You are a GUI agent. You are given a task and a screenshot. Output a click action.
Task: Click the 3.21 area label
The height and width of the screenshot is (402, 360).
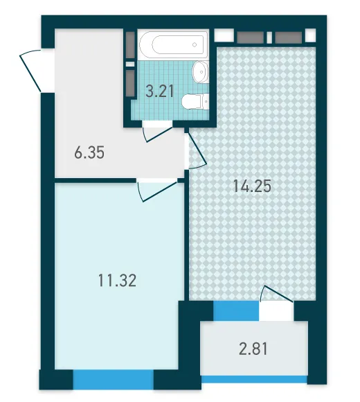pos(160,91)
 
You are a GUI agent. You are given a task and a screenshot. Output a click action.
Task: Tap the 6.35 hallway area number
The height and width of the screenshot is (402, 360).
pos(89,152)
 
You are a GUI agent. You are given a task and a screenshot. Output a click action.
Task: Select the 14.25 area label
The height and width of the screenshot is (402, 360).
pos(252,186)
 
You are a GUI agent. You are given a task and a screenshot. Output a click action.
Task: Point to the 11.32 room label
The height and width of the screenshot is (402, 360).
pos(117,280)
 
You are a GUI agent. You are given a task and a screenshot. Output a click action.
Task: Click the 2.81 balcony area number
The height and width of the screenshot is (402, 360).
pos(253,349)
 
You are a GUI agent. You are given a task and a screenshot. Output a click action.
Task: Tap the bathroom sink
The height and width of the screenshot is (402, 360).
pos(201,72)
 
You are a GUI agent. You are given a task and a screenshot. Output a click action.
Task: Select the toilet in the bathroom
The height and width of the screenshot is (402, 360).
pos(196,101)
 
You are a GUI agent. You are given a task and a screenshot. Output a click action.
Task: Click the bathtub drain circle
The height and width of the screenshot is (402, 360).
pos(195,45)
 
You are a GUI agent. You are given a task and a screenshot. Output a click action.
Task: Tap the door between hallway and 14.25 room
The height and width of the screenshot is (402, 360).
pos(197,151)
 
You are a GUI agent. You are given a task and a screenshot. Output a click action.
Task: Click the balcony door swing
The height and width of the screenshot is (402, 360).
pos(276,294)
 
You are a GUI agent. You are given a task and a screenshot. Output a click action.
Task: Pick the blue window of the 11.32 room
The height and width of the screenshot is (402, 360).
pos(113,379)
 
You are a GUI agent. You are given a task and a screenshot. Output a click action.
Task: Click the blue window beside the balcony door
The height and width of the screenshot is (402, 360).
pos(236,311)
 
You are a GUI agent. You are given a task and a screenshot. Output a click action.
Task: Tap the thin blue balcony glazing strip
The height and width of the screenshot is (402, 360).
pos(254,379)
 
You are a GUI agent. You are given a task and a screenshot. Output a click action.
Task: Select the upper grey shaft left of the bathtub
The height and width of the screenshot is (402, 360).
pos(131,45)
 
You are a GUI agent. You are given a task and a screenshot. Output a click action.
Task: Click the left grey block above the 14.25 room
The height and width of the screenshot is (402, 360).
pos(250,37)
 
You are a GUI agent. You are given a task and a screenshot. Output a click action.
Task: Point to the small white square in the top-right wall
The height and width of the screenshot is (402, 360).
pos(311,35)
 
